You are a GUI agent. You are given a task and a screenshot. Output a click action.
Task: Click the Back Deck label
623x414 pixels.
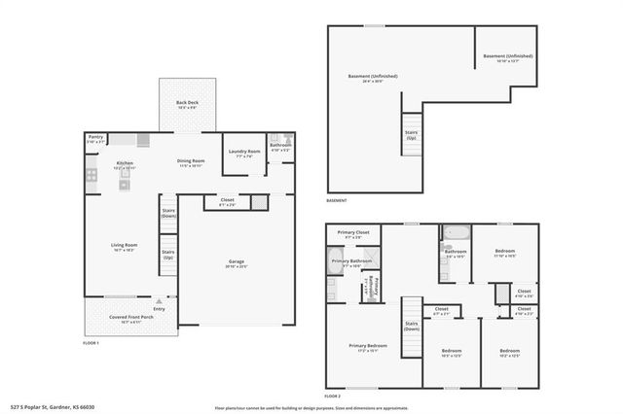[x=187, y=103]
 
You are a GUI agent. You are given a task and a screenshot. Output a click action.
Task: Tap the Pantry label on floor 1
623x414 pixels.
[x=95, y=138]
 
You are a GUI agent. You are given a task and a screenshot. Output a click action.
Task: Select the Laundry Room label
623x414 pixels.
[x=243, y=152]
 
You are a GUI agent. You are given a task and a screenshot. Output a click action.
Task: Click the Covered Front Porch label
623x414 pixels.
[x=131, y=317]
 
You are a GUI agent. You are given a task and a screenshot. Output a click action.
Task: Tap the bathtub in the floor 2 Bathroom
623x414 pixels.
[x=456, y=233]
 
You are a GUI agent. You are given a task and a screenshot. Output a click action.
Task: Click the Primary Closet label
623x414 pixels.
[x=353, y=233]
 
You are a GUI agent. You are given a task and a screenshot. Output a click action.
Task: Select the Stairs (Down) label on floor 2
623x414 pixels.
[x=412, y=326]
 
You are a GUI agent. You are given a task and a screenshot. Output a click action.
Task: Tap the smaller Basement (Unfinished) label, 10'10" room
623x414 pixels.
[x=508, y=57]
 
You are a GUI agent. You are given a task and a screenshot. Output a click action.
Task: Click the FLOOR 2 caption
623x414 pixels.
[x=333, y=397]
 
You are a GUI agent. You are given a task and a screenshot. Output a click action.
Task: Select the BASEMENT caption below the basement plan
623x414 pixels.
[x=337, y=201]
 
